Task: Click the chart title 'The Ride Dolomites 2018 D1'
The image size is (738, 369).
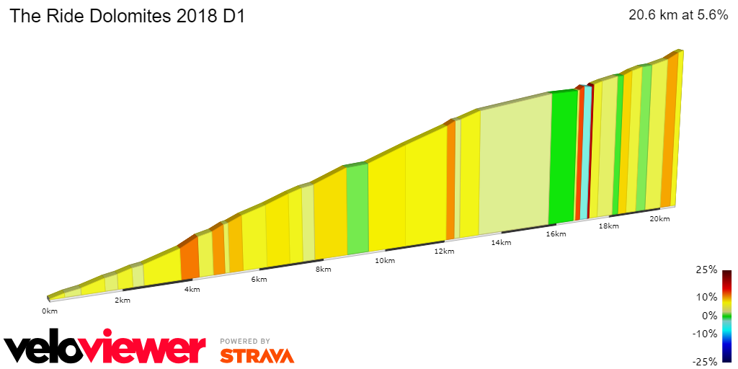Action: click(127, 17)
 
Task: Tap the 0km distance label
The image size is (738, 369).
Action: click(49, 311)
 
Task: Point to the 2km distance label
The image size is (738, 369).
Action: click(123, 300)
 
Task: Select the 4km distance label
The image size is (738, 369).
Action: click(192, 290)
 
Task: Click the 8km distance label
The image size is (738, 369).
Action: click(323, 270)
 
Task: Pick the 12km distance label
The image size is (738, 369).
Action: click(444, 252)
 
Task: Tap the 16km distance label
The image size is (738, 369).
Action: click(556, 234)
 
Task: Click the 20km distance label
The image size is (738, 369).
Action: click(659, 219)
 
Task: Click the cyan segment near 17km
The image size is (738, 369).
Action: click(586, 151)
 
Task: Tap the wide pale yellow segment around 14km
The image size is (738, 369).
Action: click(515, 166)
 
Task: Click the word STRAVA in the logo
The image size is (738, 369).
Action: click(257, 355)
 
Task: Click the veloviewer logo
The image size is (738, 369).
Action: click(105, 349)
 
